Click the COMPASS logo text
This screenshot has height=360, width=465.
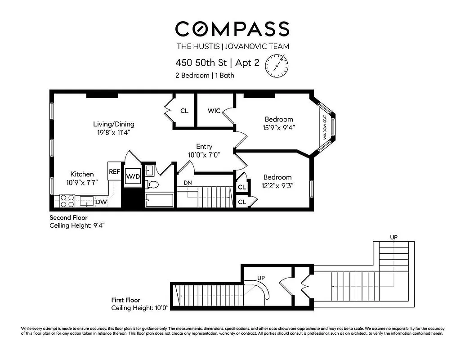point(232,29)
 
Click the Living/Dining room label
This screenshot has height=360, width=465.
point(113,124)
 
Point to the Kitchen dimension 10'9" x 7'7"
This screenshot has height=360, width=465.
point(81,182)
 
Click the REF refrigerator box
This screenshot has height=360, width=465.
point(114,171)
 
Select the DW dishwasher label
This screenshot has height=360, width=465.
point(101,202)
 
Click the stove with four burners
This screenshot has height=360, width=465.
point(67,200)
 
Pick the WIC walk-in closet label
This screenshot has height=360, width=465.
point(214,111)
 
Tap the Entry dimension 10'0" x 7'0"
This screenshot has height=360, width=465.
point(204,155)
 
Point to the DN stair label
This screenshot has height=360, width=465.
point(188,183)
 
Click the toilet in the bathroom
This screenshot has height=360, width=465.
point(152,184)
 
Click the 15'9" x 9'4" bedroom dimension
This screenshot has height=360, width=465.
point(279,127)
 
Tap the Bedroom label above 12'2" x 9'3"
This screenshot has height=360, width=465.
point(277,177)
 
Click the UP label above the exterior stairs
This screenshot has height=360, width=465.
point(393,237)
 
